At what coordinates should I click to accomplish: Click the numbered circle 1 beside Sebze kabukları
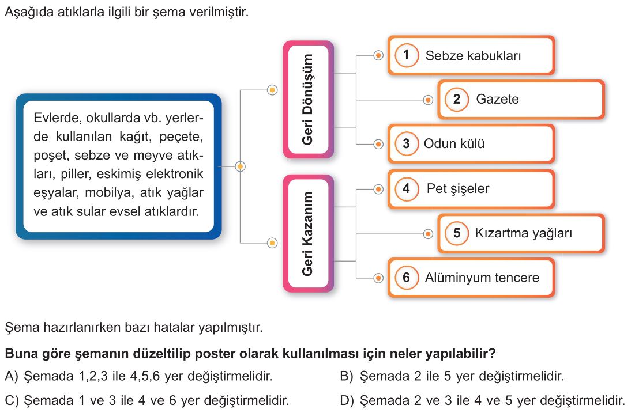click(x=406, y=55)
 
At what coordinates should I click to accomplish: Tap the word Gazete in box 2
click(x=497, y=99)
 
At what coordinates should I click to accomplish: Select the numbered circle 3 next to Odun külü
click(x=406, y=143)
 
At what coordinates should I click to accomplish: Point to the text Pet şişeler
click(x=457, y=188)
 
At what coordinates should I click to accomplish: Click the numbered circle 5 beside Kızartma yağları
click(x=457, y=233)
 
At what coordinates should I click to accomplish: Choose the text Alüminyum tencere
click(x=482, y=278)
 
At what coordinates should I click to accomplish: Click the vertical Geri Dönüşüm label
click(x=307, y=100)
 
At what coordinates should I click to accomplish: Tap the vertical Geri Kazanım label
click(x=307, y=233)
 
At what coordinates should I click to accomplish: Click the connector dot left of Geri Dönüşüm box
click(x=273, y=90)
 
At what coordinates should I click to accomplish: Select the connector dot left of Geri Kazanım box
click(x=273, y=243)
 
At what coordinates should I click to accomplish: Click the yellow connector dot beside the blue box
click(x=240, y=166)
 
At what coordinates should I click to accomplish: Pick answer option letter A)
click(x=12, y=377)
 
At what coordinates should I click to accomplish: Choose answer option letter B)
click(x=347, y=377)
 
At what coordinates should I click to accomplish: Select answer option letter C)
click(x=12, y=401)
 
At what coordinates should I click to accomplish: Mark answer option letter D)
click(x=347, y=401)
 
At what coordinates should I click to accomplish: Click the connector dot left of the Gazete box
click(x=428, y=100)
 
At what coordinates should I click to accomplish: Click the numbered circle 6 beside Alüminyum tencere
click(x=406, y=278)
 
